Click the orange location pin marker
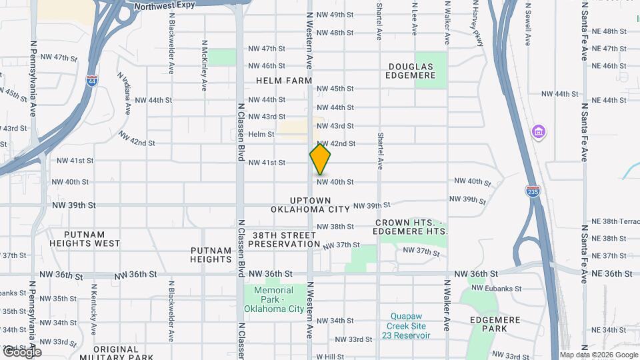pos(320,159)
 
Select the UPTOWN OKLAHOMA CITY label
pos(311,205)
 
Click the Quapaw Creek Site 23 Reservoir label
pos(408,326)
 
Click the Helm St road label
pos(261,135)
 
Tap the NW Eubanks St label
pos(495,288)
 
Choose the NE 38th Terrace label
pos(611,221)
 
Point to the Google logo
pos(21,352)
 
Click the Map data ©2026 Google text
pos(598,355)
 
